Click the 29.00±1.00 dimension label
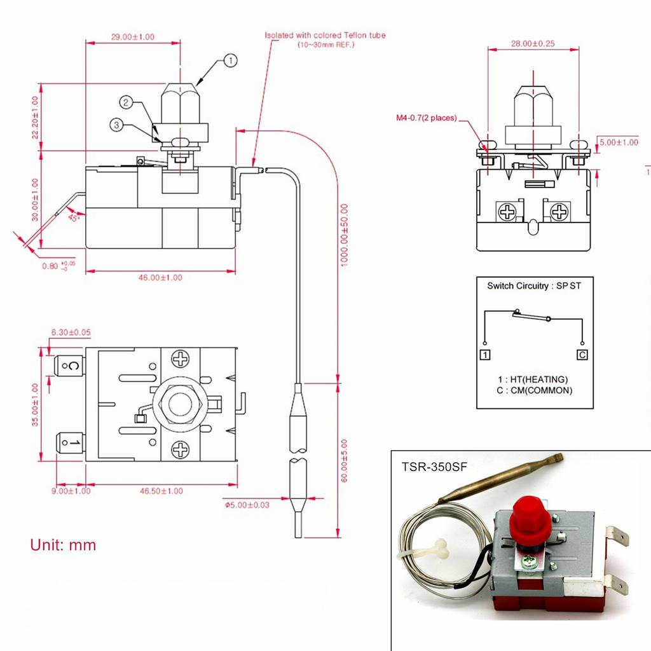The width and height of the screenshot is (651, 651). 133,37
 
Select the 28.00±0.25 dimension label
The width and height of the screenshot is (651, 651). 533,44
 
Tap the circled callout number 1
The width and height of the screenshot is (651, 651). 230,61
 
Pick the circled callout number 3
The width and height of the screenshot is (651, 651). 116,125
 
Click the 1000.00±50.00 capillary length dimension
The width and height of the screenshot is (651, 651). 344,235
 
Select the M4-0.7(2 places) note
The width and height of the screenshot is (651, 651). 426,118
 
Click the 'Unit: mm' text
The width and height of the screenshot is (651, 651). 63,545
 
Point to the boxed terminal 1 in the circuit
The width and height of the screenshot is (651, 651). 485,354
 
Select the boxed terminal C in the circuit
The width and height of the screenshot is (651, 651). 582,354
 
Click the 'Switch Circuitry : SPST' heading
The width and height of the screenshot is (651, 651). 534,286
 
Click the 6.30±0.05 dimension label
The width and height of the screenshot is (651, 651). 71,332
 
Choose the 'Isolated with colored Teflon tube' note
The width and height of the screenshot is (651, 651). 325,36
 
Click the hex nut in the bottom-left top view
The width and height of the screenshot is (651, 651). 181,404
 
